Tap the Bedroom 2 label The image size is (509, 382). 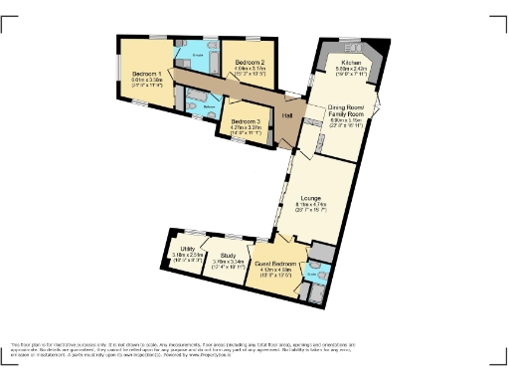pos(250,61)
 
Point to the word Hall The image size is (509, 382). pos(285,116)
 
